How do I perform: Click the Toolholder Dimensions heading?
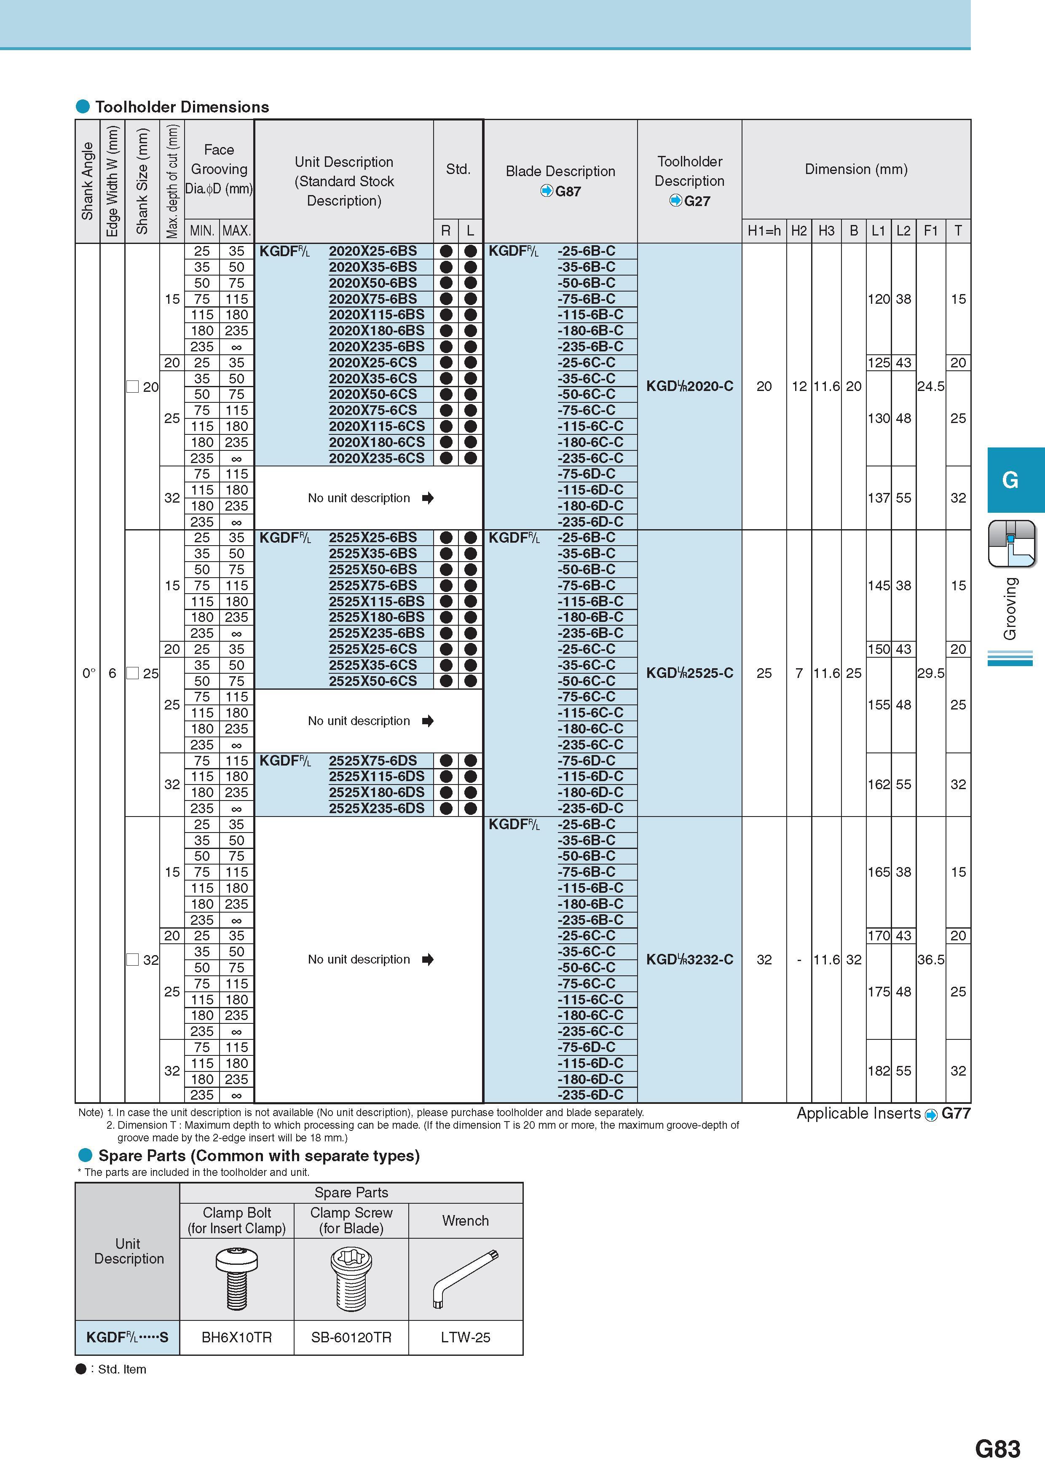click(x=182, y=107)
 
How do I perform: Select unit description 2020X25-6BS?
click(x=373, y=251)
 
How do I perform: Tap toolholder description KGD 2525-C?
click(x=690, y=673)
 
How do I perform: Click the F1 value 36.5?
click(x=930, y=960)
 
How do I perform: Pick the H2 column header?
click(x=799, y=230)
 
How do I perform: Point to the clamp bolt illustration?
click(x=237, y=1279)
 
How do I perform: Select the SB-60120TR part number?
click(x=351, y=1338)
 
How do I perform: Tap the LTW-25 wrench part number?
click(x=466, y=1338)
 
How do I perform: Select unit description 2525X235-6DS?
click(x=377, y=809)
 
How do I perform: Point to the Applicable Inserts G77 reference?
click(x=883, y=1114)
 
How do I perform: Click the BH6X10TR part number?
click(x=237, y=1338)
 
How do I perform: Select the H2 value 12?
click(x=799, y=386)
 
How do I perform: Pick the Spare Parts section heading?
click(x=259, y=1156)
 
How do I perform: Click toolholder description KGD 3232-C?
click(x=690, y=960)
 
